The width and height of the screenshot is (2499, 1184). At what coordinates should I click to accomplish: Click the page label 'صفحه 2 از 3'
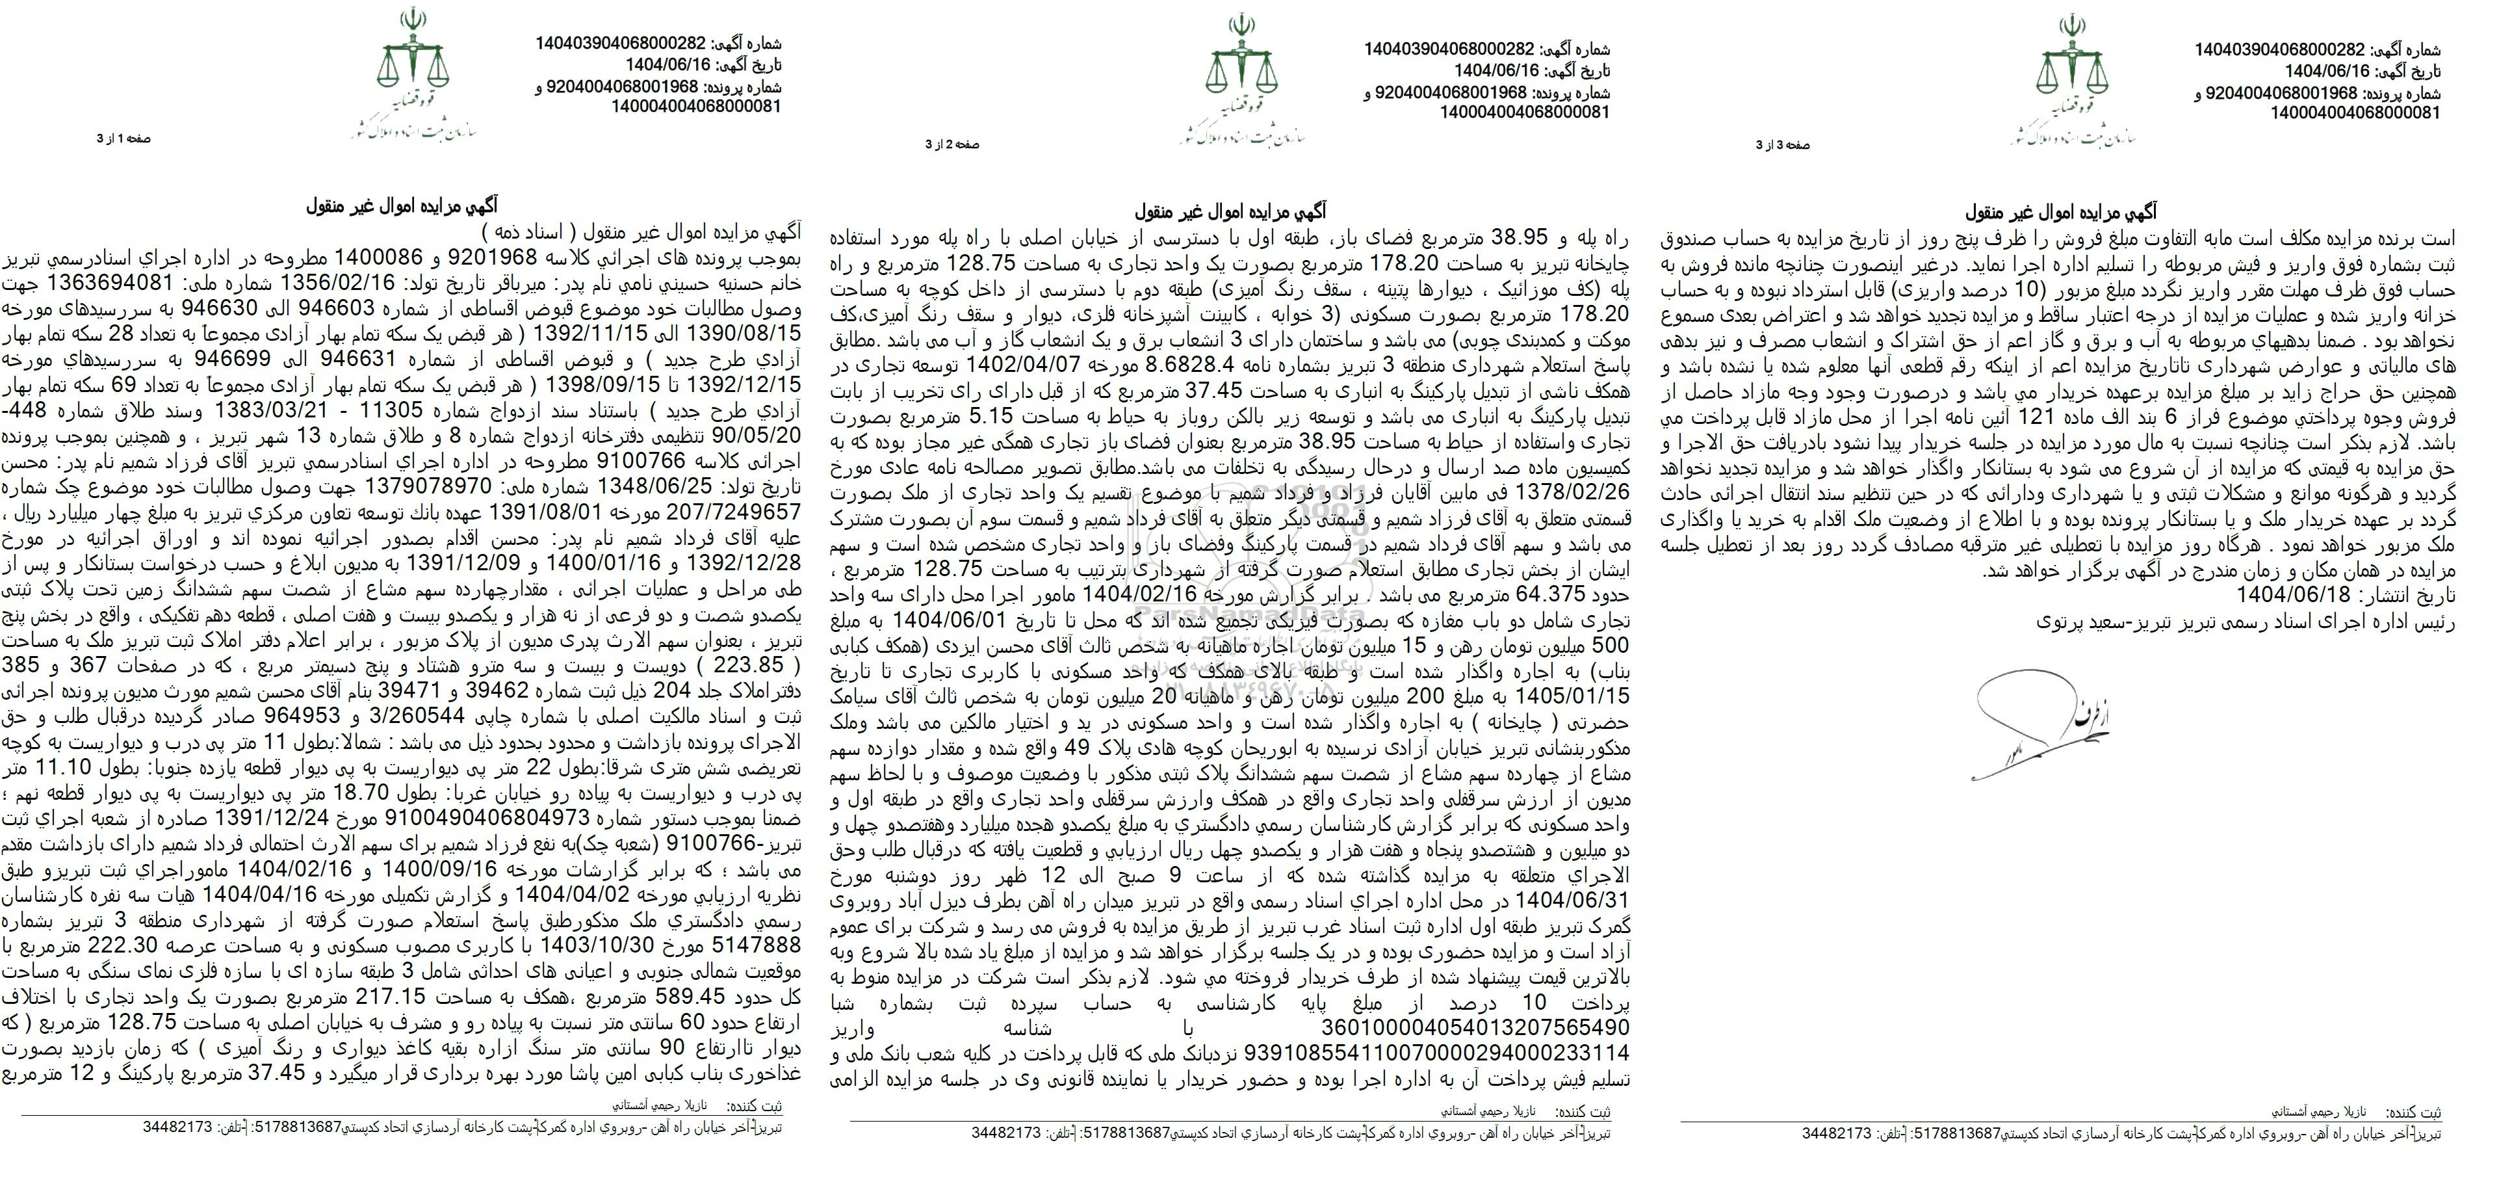point(953,144)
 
